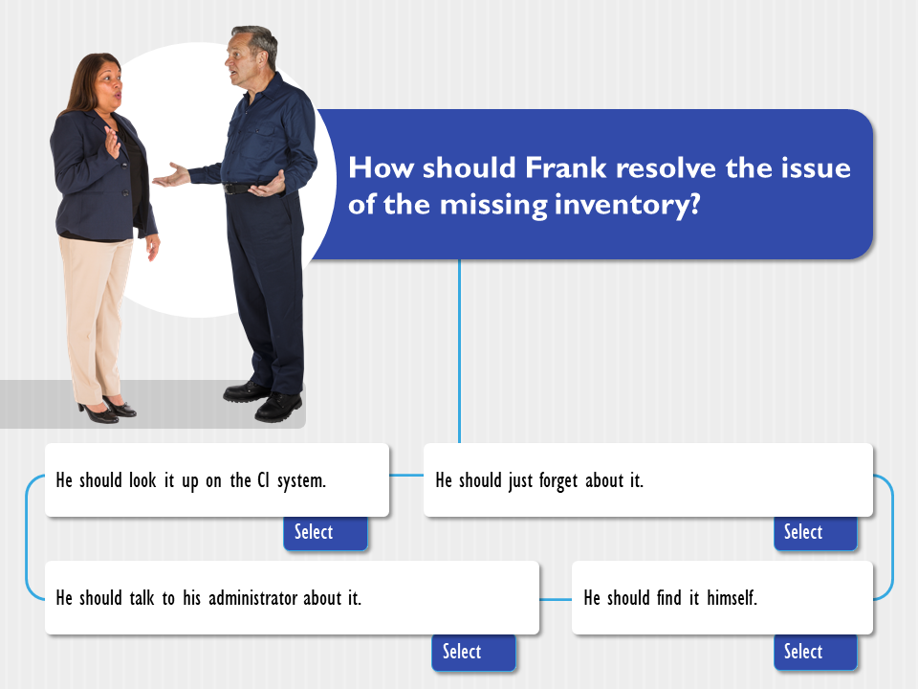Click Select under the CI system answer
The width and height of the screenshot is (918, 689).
[x=325, y=533]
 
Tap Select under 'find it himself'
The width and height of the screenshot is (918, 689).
[x=815, y=652]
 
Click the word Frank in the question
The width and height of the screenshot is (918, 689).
[x=565, y=167]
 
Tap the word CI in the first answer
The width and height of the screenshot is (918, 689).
[x=264, y=480]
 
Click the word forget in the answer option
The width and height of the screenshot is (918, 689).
[x=558, y=481]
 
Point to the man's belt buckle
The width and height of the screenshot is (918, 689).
[x=230, y=189]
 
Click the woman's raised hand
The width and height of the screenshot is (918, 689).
[x=112, y=143]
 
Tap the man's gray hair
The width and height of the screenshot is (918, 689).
[x=257, y=38]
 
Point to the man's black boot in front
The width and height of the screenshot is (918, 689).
[x=278, y=408]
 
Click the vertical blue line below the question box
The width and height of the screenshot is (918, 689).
[x=460, y=351]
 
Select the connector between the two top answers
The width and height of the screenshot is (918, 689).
[x=406, y=476]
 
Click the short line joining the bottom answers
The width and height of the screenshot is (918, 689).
[x=555, y=599]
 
